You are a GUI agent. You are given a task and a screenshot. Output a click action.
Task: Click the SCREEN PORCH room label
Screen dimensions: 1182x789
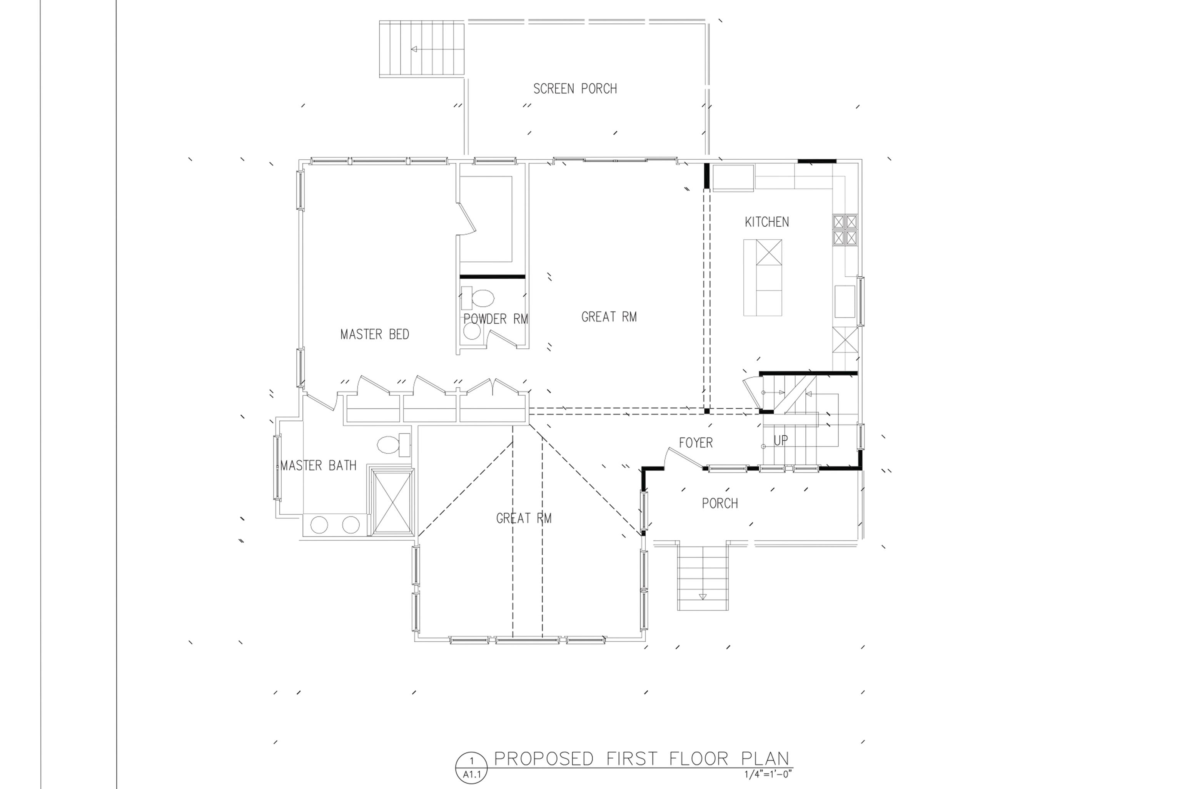(x=575, y=89)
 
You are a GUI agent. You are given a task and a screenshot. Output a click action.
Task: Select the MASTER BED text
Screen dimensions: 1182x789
(x=375, y=334)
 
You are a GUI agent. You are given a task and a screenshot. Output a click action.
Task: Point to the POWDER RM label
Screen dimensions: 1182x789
(x=496, y=319)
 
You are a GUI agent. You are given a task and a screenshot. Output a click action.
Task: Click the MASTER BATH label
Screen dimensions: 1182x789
(x=318, y=465)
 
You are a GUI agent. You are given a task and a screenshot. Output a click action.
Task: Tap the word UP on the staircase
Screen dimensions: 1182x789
(x=781, y=441)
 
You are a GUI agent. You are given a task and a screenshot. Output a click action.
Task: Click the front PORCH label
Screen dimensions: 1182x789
(x=720, y=503)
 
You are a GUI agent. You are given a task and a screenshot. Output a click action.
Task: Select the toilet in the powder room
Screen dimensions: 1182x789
(x=478, y=298)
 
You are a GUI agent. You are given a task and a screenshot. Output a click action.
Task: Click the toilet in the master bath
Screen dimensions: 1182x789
(x=394, y=445)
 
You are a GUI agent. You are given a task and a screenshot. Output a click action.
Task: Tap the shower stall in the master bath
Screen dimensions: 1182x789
(x=392, y=501)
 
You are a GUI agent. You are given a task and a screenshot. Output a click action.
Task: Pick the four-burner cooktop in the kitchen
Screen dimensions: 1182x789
(x=845, y=230)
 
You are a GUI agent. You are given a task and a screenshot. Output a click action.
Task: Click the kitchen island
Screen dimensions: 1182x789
(x=763, y=278)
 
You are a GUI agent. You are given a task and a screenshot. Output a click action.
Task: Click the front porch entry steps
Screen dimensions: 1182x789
(x=703, y=577)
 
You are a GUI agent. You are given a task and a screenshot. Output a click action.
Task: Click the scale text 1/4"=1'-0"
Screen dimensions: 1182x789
(x=768, y=775)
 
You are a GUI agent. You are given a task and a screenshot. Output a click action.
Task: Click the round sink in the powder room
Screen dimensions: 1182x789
(x=472, y=331)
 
